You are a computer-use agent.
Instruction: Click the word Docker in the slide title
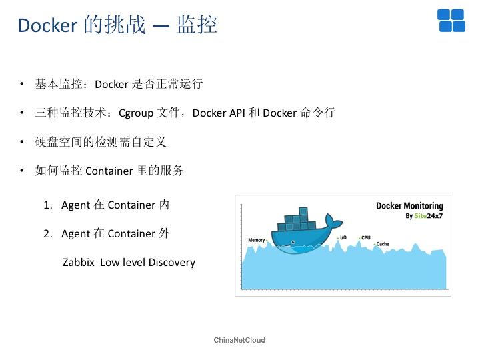(47, 25)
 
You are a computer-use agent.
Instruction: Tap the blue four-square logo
(451, 21)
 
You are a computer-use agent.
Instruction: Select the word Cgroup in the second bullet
(136, 113)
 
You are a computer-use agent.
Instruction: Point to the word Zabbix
(79, 263)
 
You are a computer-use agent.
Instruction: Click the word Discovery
(172, 263)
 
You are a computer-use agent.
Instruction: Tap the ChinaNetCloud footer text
(239, 340)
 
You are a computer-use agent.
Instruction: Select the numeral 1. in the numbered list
(48, 205)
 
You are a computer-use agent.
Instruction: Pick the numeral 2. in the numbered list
(48, 234)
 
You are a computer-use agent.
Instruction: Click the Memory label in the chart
(257, 240)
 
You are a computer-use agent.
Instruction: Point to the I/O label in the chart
(343, 237)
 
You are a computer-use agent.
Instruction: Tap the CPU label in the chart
(366, 237)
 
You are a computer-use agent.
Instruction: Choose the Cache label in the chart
(383, 244)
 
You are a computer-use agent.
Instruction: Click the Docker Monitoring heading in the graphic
(409, 206)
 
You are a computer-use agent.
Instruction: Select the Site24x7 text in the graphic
(429, 216)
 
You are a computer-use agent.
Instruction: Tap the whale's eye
(293, 243)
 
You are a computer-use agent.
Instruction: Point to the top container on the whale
(303, 211)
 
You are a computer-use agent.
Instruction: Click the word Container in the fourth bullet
(109, 171)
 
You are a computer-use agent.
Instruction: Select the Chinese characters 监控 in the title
(197, 25)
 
